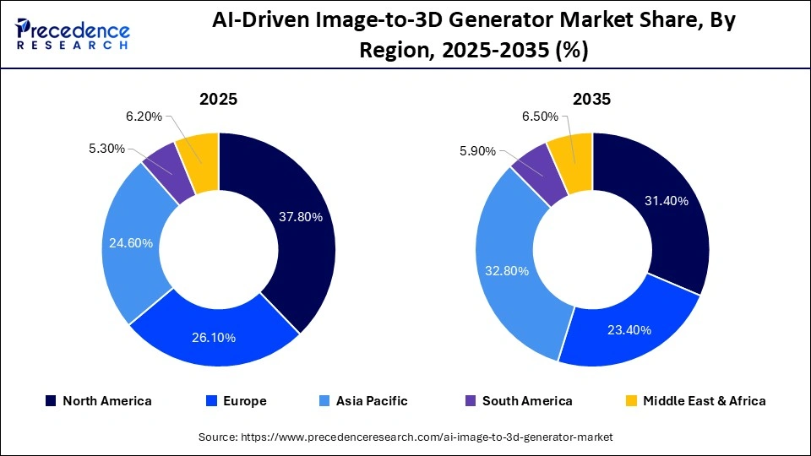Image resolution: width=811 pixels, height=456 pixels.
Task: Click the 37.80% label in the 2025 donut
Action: [x=300, y=217]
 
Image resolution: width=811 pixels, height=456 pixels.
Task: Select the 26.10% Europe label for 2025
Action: [x=214, y=337]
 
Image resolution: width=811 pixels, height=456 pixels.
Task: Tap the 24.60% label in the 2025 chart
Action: [x=131, y=243]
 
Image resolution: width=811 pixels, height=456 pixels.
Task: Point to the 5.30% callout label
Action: [x=106, y=149]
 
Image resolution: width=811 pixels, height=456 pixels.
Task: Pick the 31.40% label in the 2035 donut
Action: [x=667, y=201]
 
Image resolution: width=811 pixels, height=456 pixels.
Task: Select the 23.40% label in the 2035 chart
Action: [x=629, y=329]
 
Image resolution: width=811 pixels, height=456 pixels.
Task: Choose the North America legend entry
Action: [x=98, y=401]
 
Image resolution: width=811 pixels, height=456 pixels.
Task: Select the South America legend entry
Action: [x=518, y=401]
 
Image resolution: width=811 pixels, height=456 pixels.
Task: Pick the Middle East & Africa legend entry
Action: [x=694, y=401]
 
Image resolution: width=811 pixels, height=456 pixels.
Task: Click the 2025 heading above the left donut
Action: [x=218, y=99]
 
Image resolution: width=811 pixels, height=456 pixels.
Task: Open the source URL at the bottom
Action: [x=405, y=437]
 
